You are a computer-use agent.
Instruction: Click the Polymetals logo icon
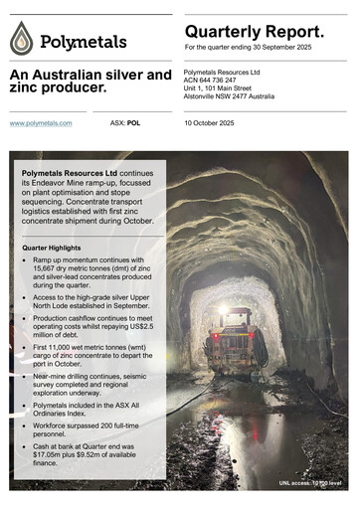pos(22,40)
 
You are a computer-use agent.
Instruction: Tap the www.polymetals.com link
pos(41,123)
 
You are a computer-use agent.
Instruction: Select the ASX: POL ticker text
pos(125,123)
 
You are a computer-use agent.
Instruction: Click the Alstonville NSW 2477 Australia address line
pos(241,96)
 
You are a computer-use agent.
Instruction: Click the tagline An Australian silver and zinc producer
pos(90,82)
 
